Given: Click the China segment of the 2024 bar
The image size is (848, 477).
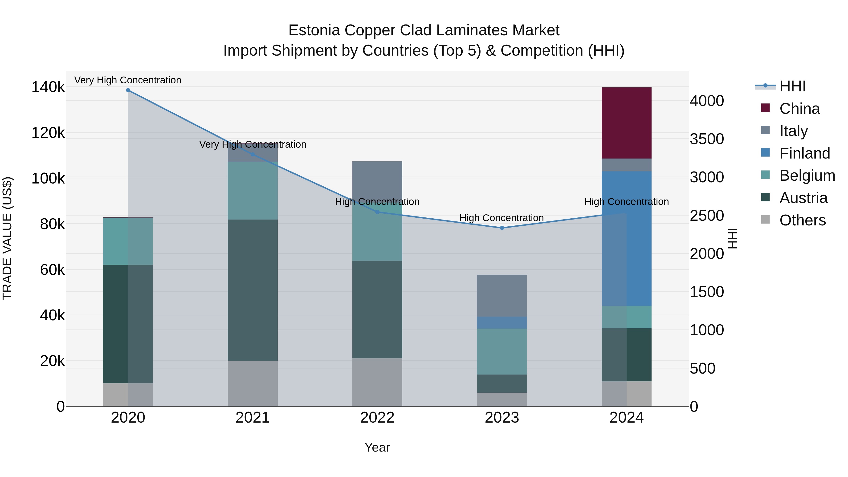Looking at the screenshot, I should point(626,123).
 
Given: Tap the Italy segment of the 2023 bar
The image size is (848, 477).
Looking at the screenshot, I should point(502,296).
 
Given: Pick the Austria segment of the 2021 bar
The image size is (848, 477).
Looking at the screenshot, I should point(253,290).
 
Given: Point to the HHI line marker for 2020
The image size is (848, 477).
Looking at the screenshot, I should point(128,90).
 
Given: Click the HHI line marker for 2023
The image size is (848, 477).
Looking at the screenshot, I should point(502,228).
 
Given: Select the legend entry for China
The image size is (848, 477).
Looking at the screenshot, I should point(799,109).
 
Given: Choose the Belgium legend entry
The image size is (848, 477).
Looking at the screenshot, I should point(807,175).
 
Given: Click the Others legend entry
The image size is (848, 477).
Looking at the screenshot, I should point(802,220).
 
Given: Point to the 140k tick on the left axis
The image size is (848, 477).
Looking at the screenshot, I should point(48,88).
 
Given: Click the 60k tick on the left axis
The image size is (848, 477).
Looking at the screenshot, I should point(52,270).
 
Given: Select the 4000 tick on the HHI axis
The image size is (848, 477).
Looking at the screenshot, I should point(707,101).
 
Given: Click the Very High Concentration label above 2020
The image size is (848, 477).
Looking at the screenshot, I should point(128,80).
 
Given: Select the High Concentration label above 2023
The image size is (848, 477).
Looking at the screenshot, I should point(501,218).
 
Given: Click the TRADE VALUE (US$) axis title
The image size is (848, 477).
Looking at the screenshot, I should point(8,238).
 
